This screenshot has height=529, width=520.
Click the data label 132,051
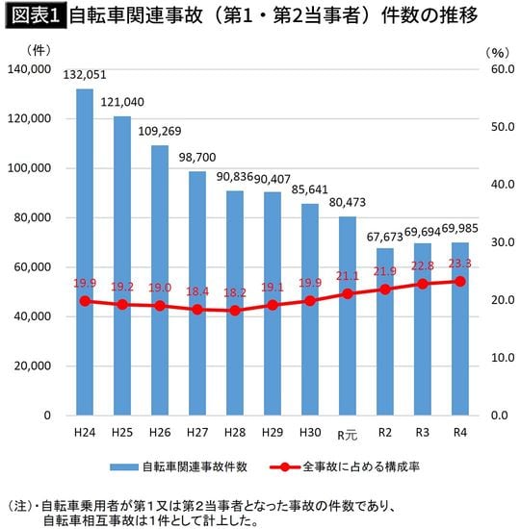point(85,75)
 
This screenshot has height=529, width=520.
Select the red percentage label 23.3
point(460,263)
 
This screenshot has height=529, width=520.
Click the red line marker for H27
point(197,309)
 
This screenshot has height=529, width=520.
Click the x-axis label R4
point(460,433)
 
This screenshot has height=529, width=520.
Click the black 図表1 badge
point(35,17)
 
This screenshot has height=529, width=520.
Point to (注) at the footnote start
point(20,505)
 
